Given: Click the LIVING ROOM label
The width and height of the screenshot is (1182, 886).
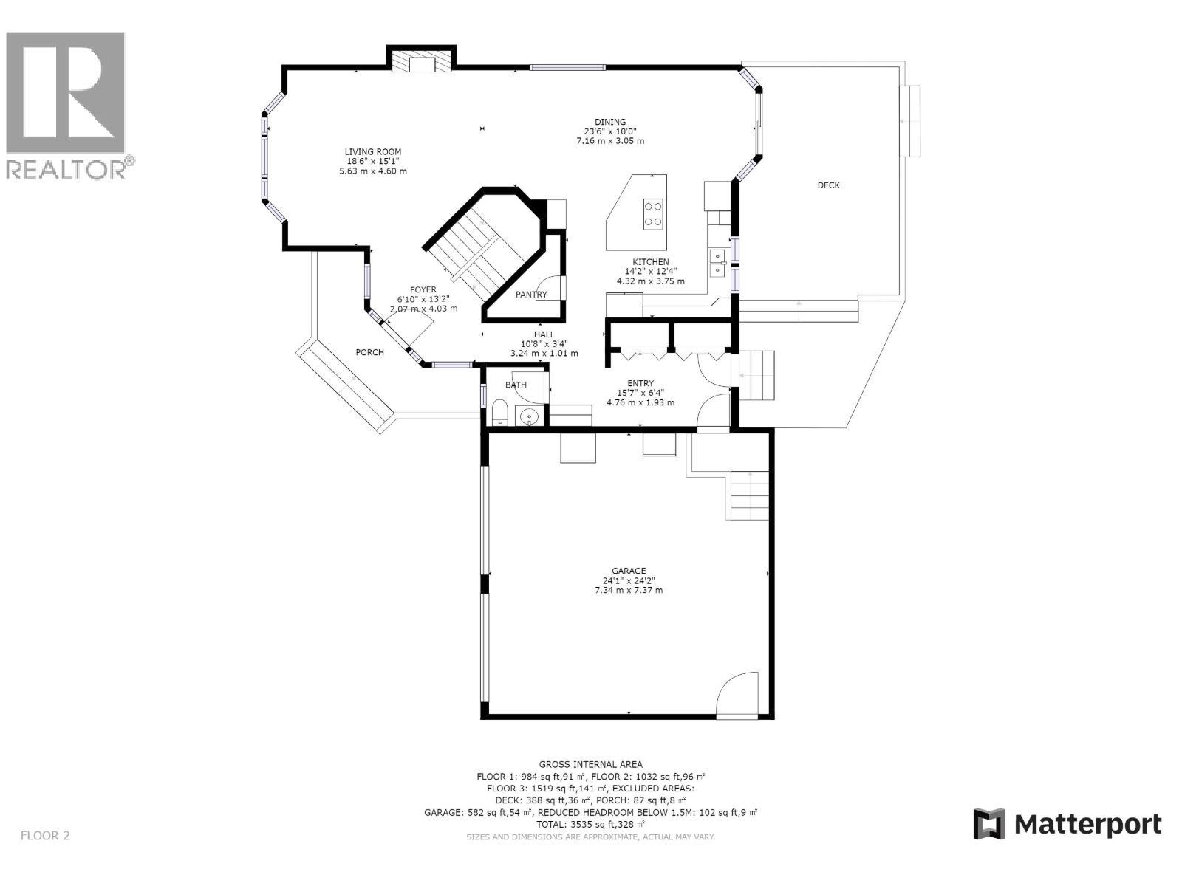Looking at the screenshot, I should coord(372,151).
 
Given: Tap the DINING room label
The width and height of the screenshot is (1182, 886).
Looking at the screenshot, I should coord(610,122).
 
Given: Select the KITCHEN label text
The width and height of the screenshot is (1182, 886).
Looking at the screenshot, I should coord(650,262).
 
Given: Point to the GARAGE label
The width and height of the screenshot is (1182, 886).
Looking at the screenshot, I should coord(629,571).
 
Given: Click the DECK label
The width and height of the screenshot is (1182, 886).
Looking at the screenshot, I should coord(828,185).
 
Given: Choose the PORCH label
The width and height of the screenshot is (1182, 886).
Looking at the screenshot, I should coord(369,352).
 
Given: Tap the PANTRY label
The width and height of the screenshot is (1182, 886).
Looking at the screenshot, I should coord(531,295).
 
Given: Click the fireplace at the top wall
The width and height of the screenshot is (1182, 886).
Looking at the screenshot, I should coord(422,61).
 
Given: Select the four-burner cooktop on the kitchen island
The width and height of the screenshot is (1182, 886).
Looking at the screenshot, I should coord(653,213).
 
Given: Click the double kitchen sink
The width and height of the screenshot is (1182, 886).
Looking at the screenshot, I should coord(717,263).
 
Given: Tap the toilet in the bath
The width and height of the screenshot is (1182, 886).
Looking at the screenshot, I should coord(499,413).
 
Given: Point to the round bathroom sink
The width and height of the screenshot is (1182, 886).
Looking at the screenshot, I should coord(529,417).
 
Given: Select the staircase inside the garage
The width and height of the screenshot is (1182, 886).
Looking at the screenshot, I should coord(750,495).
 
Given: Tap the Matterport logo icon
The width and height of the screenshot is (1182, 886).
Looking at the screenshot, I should coord(989,824).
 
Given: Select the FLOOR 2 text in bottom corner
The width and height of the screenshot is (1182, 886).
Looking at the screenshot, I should coord(45,836).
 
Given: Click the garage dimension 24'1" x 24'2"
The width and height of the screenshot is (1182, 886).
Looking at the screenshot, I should coord(629,580).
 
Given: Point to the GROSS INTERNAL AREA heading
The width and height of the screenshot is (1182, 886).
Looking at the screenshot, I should coord(590,764).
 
